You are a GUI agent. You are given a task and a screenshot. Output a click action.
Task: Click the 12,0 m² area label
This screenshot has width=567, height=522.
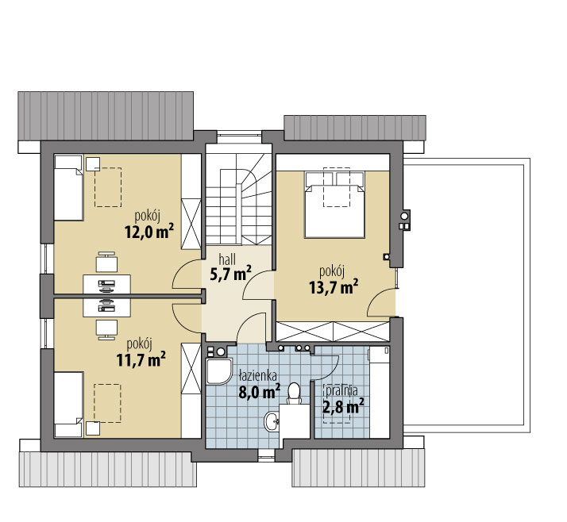coord(148,231)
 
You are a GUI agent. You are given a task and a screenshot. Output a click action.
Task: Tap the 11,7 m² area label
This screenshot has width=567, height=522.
coord(141,359)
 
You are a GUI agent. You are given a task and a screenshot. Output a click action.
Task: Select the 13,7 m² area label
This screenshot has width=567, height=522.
coord(334,286)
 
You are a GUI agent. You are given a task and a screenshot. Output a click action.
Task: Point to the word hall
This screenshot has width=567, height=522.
coord(227,259)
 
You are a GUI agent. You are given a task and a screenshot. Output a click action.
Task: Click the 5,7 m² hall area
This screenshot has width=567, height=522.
coord(231,274)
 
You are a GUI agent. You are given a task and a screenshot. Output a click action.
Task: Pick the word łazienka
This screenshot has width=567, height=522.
coord(258,376)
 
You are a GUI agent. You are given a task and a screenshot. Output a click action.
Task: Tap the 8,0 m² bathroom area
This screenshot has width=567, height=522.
coord(260,391)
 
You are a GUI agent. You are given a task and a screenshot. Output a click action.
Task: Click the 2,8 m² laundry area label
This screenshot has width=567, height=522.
coord(343,407)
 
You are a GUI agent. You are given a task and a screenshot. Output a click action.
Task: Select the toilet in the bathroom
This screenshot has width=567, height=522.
coord(295,393)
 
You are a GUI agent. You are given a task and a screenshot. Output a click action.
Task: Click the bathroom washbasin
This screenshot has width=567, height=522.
coord(272,421)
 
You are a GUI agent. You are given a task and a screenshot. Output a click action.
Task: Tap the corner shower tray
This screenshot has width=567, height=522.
coord(218,371)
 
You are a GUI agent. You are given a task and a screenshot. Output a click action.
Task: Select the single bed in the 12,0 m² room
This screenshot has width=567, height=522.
coord(68,188)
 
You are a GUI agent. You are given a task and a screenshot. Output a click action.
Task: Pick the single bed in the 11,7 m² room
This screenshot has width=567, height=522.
coord(68,405)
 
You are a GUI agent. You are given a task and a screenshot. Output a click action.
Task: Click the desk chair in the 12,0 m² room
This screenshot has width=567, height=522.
coord(106,262)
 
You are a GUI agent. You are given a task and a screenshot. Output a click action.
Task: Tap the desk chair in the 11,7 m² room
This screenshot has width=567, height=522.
coord(106,330)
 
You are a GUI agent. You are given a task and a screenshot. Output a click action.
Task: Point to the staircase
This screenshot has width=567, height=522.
coord(239,198)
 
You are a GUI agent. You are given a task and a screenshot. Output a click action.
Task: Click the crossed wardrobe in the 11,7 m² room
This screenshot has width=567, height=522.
coord(191,368)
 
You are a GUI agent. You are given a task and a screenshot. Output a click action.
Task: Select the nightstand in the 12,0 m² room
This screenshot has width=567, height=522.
coord(93,163)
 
